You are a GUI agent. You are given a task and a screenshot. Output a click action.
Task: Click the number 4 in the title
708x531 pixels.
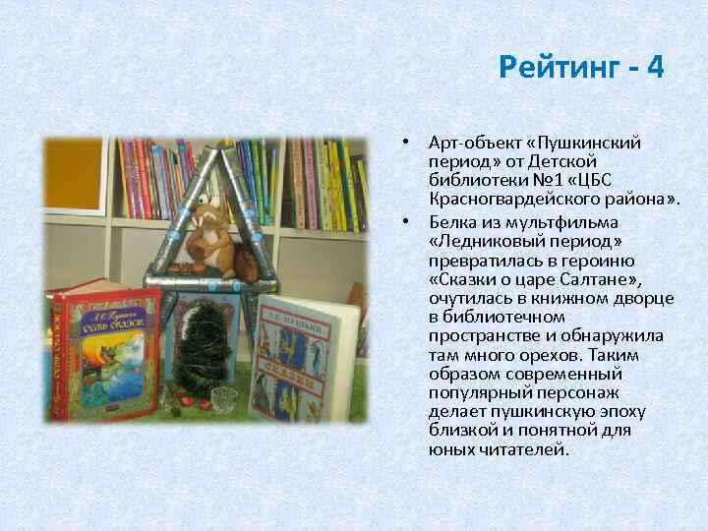point(656,68)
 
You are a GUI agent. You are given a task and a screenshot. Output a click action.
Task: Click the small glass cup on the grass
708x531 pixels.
point(224,399)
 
